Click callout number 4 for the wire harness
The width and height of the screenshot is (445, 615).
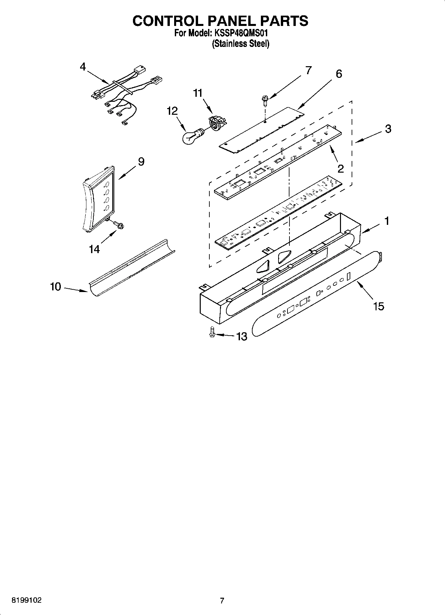click(83, 67)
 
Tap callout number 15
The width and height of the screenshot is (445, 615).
click(379, 306)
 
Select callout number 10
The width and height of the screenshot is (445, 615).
click(56, 286)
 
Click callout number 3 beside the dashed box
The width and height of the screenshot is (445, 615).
click(388, 129)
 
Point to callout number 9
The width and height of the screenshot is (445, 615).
click(141, 162)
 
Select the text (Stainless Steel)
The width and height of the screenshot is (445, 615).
click(241, 44)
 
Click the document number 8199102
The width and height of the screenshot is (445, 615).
click(27, 600)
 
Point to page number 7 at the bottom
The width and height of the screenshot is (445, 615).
click(222, 600)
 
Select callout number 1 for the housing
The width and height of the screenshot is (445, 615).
click(387, 221)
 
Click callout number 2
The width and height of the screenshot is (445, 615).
click(341, 169)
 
